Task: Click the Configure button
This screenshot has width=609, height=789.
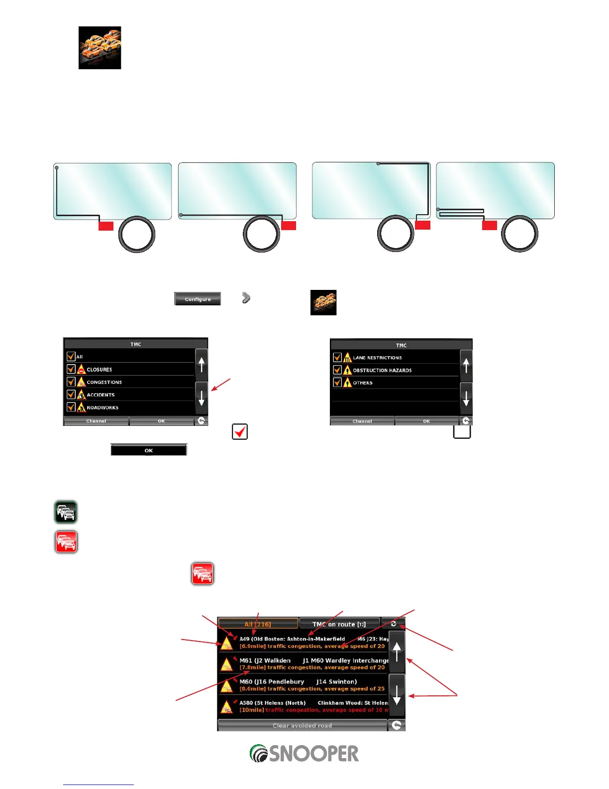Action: (198, 299)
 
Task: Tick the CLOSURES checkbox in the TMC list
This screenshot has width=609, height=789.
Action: (71, 369)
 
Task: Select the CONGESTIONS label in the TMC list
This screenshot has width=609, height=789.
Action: (104, 382)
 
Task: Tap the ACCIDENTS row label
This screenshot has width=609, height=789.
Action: (101, 394)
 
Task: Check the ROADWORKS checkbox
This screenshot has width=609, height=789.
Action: (71, 407)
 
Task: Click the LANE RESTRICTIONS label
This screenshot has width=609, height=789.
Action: (377, 358)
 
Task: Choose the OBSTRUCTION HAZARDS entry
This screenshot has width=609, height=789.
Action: (382, 370)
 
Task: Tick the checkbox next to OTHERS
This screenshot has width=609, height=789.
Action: (337, 383)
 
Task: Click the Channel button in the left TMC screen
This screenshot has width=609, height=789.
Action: (96, 421)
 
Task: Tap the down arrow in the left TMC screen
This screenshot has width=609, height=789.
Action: (202, 398)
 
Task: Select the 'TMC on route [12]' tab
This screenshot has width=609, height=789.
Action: (339, 624)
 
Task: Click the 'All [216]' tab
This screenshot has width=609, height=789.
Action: (258, 624)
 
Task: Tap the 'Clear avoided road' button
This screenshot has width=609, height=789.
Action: (302, 725)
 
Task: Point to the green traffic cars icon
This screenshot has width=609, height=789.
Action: (66, 512)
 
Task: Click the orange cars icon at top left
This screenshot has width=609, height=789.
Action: (100, 48)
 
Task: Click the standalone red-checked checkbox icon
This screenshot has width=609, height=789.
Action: (240, 431)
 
